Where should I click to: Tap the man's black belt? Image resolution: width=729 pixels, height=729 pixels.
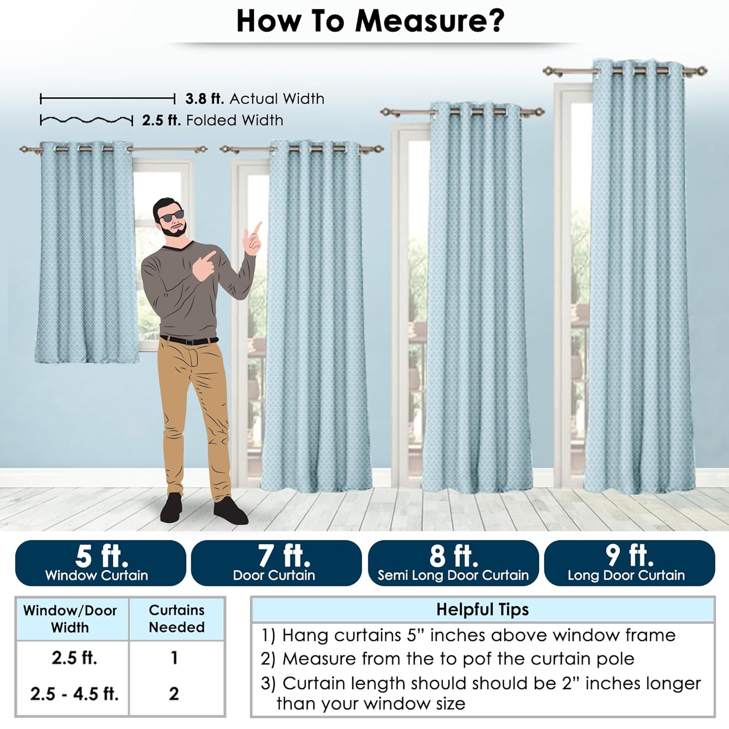190,340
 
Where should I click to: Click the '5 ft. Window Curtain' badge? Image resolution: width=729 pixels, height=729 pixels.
101,563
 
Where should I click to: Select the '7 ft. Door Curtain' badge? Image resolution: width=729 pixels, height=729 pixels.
277,563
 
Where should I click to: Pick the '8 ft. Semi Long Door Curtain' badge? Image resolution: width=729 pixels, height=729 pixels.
453,563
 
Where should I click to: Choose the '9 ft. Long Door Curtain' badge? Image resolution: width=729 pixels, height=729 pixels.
629,563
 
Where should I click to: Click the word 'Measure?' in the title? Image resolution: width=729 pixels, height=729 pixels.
430,21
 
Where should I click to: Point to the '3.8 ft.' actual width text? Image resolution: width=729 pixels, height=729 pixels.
205,99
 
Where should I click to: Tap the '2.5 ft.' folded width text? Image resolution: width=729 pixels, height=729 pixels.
161,120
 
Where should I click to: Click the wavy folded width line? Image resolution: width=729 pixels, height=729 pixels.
87,120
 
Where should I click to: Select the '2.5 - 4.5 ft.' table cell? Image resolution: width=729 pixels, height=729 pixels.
74,694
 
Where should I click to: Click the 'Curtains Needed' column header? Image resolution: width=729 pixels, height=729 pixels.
176,619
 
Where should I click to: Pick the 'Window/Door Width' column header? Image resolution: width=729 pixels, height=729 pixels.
70,619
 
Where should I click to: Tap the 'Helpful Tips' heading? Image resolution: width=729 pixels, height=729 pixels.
482,609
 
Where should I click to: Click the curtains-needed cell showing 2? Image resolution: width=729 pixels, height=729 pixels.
174,694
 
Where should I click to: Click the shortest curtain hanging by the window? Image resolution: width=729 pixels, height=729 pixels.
87,253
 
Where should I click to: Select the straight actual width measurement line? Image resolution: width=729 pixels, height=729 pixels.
107,99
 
